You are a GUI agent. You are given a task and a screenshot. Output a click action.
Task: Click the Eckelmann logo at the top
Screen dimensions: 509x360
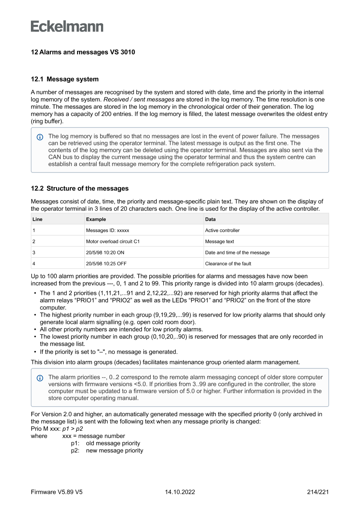pos(67,27)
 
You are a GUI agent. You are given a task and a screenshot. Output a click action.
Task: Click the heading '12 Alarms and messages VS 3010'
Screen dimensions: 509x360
pos(83,52)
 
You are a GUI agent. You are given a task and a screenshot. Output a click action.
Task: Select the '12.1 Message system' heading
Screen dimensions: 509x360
pos(64,79)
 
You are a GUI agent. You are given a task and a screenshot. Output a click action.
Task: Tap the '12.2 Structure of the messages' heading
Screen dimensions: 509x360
pos(80,189)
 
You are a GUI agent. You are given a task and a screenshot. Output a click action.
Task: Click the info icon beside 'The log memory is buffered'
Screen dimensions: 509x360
pos(40,137)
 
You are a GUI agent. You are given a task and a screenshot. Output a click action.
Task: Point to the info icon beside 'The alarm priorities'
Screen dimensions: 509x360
pos(40,378)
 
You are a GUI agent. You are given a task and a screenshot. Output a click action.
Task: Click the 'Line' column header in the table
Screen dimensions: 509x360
pos(37,219)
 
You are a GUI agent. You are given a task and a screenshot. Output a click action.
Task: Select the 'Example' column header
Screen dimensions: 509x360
pos(96,219)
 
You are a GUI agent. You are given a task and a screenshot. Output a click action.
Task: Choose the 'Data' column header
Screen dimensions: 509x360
pos(210,219)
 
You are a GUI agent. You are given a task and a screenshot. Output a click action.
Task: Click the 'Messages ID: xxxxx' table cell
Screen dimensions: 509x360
pos(108,230)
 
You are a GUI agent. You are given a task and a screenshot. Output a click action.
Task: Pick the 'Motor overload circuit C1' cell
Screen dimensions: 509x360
pos(113,241)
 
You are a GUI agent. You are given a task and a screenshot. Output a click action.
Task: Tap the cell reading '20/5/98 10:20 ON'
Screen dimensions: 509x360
pos(105,253)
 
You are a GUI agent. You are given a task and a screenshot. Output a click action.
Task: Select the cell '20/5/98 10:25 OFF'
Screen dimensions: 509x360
pos(106,263)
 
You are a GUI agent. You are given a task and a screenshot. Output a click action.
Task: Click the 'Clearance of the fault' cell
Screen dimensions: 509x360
pos(228,263)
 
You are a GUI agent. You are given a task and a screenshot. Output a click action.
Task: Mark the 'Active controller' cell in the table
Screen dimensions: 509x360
pos(222,230)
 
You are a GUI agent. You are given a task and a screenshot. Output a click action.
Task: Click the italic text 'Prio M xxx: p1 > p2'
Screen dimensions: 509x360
pos(57,428)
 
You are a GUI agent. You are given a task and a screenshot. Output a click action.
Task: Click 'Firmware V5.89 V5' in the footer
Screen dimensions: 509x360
pos(57,492)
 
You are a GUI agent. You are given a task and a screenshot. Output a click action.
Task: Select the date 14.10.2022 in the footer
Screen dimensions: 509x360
pos(180,492)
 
